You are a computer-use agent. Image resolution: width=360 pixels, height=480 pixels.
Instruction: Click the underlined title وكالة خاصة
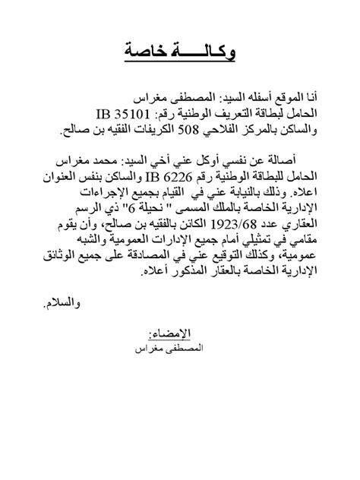coord(179,52)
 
